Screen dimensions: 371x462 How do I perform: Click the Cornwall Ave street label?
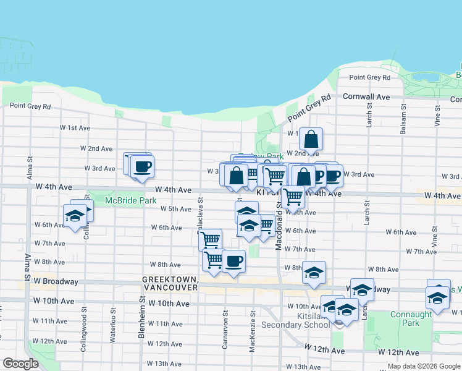coord(367,97)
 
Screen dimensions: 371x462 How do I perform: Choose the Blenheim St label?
coord(141,315)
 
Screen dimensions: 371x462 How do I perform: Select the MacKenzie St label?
coord(252,336)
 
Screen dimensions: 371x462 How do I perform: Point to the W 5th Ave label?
coord(175,209)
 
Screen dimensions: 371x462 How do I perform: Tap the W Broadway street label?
coord(56,281)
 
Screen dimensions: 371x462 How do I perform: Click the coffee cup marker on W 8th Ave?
coord(233,262)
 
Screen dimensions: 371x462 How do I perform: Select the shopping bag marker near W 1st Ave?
coord(311,139)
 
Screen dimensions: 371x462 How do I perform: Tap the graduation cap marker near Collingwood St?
coord(75,216)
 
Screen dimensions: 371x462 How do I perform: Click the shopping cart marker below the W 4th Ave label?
coord(293,197)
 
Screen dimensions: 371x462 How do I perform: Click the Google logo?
coord(21,364)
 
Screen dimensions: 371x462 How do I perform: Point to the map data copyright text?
coord(424,367)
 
